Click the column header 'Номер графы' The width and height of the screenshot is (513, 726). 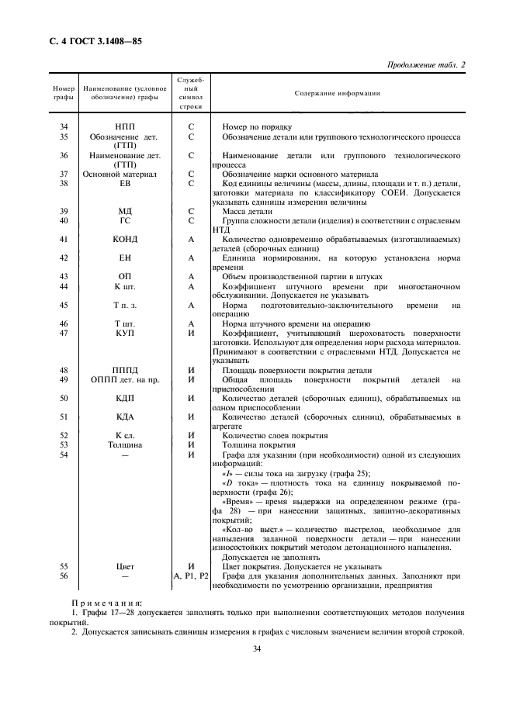[x=64, y=94]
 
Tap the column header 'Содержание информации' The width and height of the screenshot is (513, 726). [x=337, y=93]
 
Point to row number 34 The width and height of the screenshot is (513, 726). [x=64, y=126]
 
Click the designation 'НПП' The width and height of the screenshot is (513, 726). [x=125, y=126]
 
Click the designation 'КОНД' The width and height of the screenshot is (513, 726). [x=125, y=240]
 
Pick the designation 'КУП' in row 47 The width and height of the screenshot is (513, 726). [x=125, y=333]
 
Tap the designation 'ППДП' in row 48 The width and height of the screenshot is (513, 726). [x=125, y=370]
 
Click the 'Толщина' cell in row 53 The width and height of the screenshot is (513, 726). [x=125, y=444]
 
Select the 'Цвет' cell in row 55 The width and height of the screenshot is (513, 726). [x=125, y=566]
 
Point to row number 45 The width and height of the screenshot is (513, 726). [x=64, y=305]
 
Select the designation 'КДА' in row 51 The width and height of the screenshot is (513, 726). [x=125, y=417]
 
